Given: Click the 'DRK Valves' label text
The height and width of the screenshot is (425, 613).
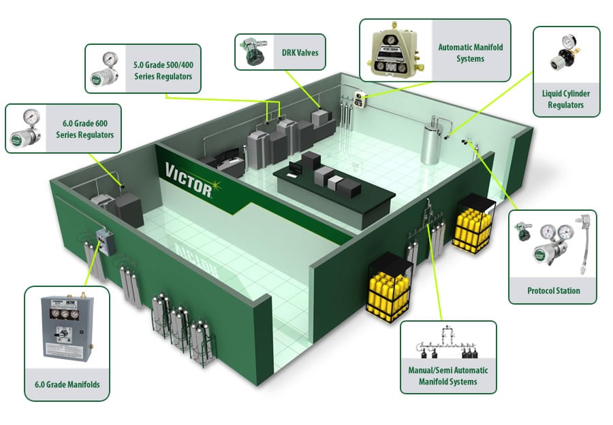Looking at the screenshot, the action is coord(300,52).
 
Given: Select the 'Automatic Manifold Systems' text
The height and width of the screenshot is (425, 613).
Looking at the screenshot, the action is coord(470,53).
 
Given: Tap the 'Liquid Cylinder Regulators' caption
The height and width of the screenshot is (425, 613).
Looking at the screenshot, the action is coord(566,99).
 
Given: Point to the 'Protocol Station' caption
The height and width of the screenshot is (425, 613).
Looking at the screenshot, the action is coord(554,291).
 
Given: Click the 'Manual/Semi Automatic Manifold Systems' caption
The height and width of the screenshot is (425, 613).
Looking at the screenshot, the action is coord(448,376).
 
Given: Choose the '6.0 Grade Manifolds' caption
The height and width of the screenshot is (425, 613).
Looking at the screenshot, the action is coord(67,384).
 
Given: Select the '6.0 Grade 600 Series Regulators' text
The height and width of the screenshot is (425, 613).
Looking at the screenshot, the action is coord(85,129).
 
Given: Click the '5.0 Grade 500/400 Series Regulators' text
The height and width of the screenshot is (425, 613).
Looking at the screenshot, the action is coord(163,71).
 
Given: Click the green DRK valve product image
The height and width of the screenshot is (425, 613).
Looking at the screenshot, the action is coord(253,51).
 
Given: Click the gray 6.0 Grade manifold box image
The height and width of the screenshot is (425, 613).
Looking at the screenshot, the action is coord(67,327).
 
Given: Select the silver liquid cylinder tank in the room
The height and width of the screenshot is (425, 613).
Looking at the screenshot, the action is coord(431,141).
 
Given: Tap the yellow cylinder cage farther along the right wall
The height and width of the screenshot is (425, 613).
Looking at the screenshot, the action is coord(473,224).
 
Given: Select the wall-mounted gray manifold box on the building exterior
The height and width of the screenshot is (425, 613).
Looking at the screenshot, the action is coord(105,242).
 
